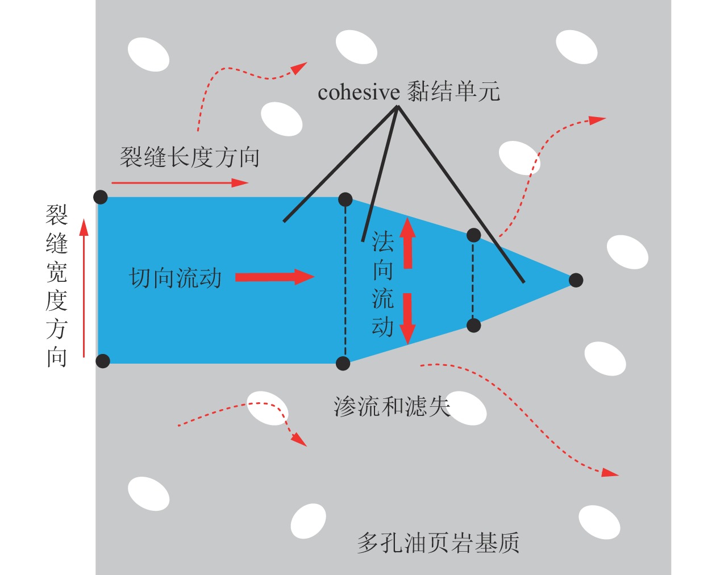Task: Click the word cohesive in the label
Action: [x=359, y=92]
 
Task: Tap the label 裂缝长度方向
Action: [x=190, y=157]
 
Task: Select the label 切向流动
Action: [x=175, y=278]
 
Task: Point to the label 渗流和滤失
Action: [x=392, y=407]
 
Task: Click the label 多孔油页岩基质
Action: [x=438, y=543]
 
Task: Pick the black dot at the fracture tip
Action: [x=576, y=280]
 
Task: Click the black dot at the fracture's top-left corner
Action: [x=100, y=197]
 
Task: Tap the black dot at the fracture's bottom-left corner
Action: [x=102, y=361]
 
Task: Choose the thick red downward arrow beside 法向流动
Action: [x=407, y=318]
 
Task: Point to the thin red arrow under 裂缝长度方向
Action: [x=180, y=183]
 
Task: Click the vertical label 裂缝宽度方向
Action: [x=57, y=286]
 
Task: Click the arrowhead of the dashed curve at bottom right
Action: [x=610, y=473]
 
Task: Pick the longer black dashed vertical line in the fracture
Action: [x=345, y=282]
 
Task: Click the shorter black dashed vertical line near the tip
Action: [x=473, y=280]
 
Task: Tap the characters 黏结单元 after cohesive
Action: [x=453, y=92]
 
